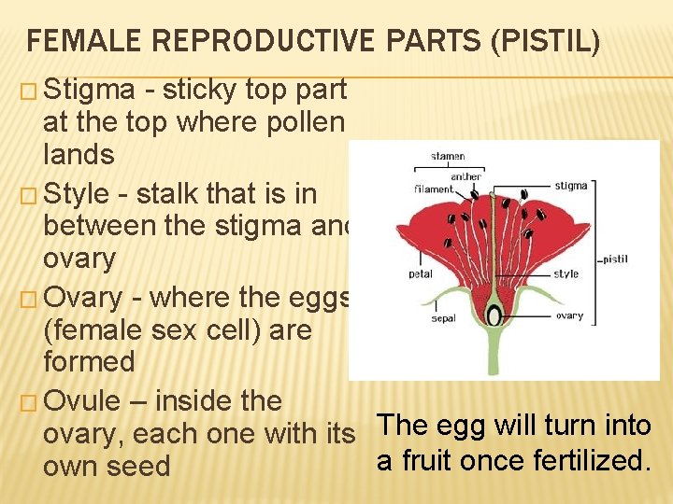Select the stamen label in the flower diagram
click(449, 157)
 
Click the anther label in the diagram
click(465, 175)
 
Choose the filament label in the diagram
click(434, 189)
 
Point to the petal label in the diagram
click(420, 274)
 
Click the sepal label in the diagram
click(444, 317)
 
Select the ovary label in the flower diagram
click(569, 315)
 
